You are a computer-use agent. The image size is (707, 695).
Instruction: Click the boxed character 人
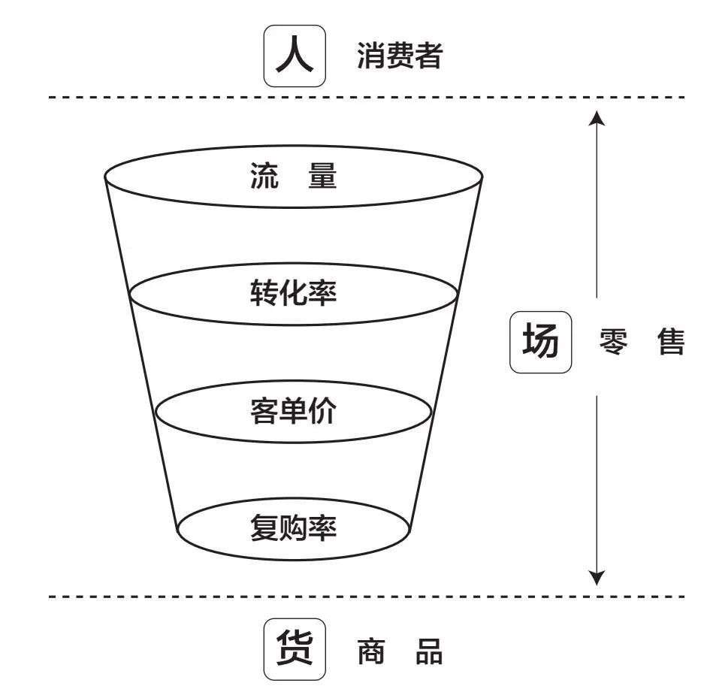click(295, 56)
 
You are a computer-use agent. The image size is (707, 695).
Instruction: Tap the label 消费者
click(399, 56)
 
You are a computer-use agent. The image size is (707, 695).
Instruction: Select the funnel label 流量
click(293, 177)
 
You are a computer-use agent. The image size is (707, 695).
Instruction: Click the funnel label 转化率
click(293, 293)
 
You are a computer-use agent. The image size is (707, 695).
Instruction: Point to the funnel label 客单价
click(293, 411)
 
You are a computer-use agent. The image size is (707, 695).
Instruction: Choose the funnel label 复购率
click(293, 529)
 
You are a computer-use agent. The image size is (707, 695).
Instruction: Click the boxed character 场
click(541, 343)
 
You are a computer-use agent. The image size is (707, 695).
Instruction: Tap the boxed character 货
click(295, 648)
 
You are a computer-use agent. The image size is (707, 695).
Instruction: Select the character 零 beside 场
click(615, 343)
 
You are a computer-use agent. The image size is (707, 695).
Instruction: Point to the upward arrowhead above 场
click(596, 116)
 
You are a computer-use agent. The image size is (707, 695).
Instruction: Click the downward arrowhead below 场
click(596, 577)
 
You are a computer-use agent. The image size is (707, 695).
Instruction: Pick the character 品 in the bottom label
click(429, 651)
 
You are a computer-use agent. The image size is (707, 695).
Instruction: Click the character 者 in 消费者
click(428, 56)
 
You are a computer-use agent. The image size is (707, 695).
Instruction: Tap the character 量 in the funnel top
click(322, 177)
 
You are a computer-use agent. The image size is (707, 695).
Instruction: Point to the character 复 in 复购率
click(264, 529)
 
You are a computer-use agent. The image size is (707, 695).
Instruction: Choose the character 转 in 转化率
click(264, 293)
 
